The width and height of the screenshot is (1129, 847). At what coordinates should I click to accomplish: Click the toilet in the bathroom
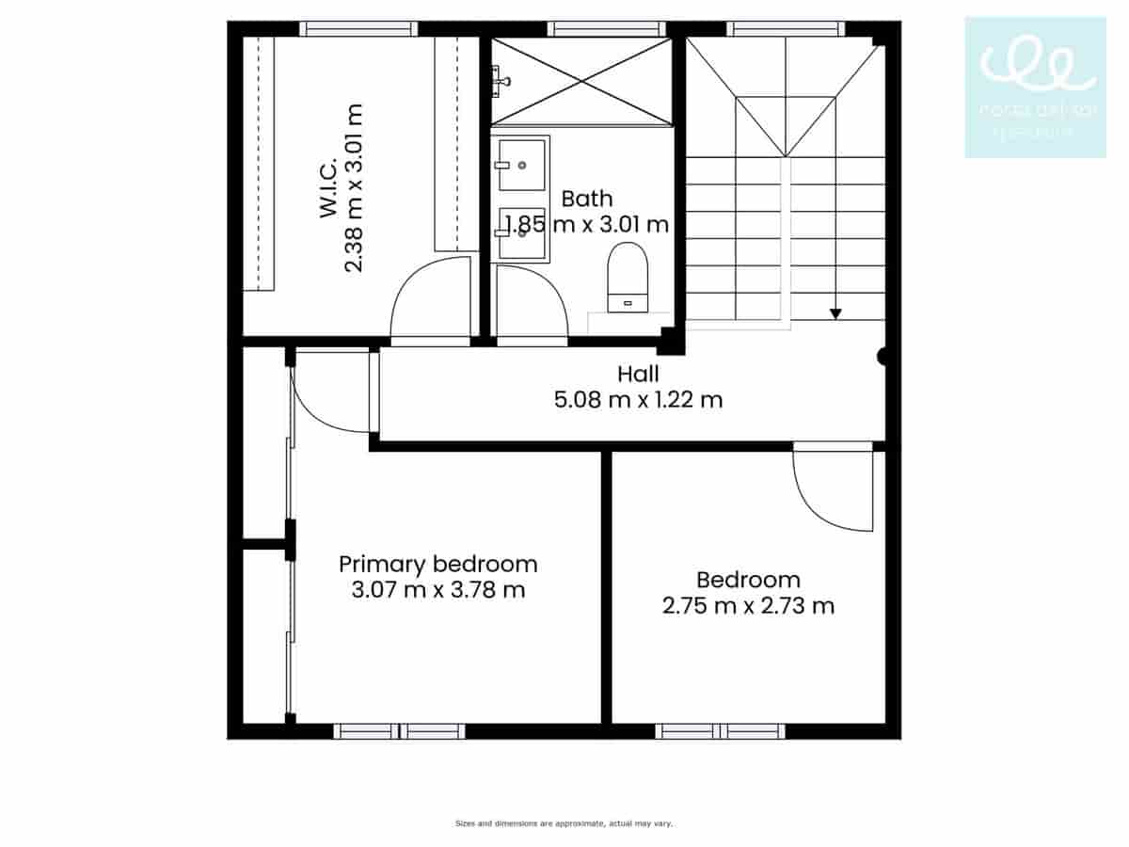pyautogui.click(x=628, y=276)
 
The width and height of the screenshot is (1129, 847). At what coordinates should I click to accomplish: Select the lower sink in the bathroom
pyautogui.click(x=522, y=233)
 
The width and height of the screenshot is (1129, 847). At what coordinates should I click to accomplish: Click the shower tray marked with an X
pyautogui.click(x=581, y=81)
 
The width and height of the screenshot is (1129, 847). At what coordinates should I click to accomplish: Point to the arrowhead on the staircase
pyautogui.click(x=835, y=313)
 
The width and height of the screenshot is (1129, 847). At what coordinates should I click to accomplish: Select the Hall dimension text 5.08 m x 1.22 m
pyautogui.click(x=639, y=399)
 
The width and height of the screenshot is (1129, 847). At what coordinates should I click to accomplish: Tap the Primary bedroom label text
pyautogui.click(x=437, y=564)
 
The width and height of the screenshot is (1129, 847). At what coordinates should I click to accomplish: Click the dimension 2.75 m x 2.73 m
pyautogui.click(x=748, y=605)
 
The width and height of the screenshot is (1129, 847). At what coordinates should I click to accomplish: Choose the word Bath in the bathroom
pyautogui.click(x=586, y=199)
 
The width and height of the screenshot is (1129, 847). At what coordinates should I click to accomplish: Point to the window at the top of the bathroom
pyautogui.click(x=606, y=28)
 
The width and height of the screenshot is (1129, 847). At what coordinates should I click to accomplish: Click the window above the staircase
pyautogui.click(x=786, y=28)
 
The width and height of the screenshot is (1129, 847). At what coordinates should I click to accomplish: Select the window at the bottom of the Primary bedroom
pyautogui.click(x=399, y=731)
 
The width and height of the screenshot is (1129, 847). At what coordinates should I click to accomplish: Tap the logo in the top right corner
pyautogui.click(x=1035, y=87)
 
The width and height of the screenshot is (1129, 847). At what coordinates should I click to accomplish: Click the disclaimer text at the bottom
pyautogui.click(x=564, y=823)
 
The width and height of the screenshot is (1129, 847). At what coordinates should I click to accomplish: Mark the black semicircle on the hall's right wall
pyautogui.click(x=883, y=357)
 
